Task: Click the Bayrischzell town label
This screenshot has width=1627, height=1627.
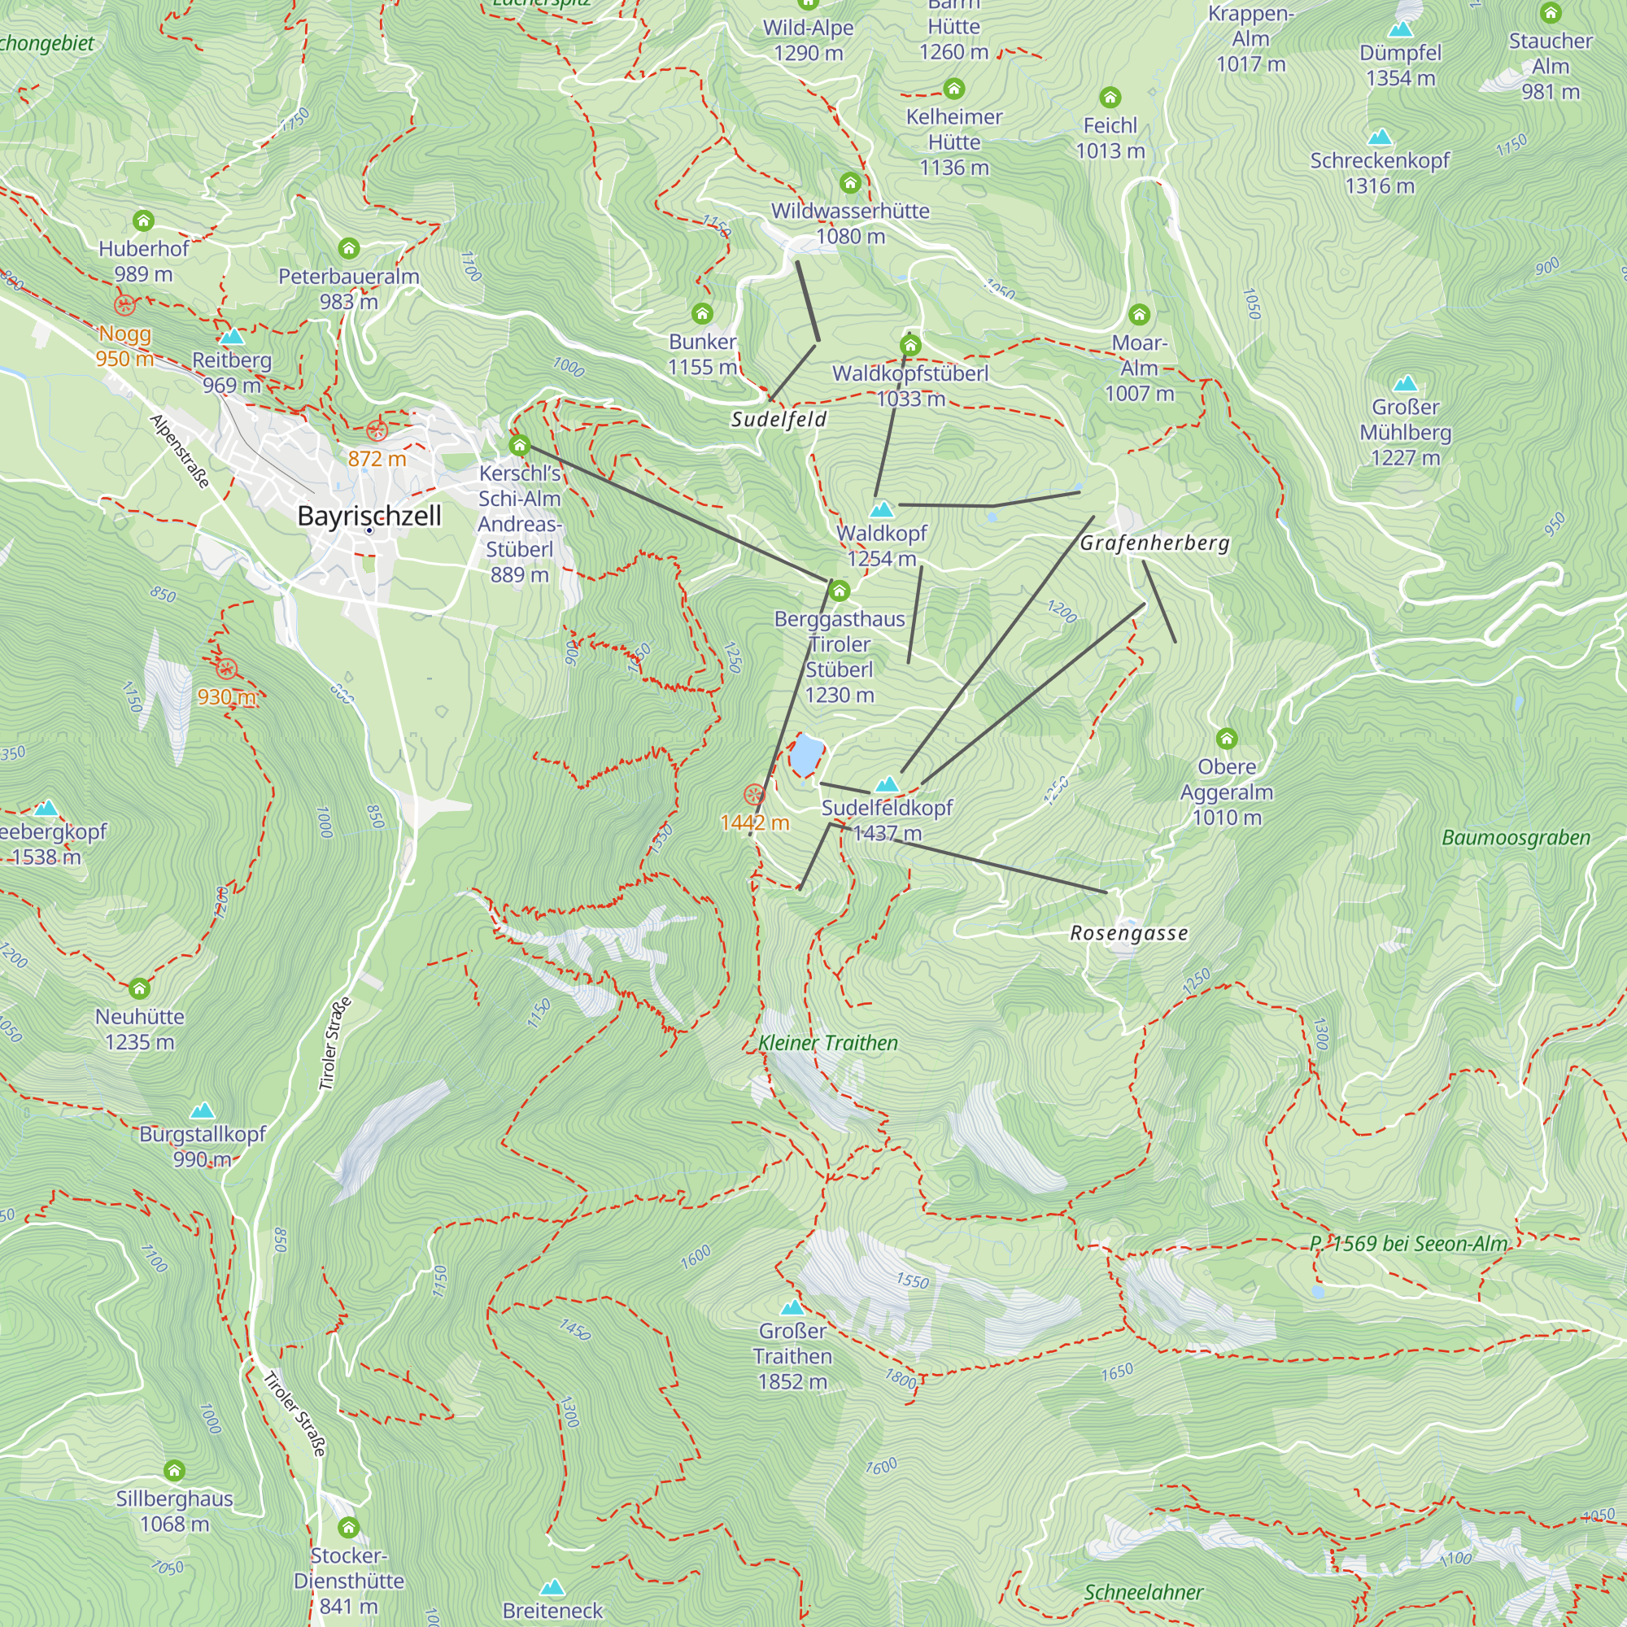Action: (x=369, y=516)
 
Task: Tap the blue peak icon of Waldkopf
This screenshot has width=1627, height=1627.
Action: (x=882, y=509)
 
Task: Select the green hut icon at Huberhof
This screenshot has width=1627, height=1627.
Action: (x=143, y=221)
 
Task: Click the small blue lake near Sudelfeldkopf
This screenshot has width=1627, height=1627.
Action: (x=806, y=754)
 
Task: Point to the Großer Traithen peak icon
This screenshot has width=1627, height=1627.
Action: (x=792, y=1308)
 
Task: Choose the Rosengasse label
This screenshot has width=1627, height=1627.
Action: (x=1128, y=933)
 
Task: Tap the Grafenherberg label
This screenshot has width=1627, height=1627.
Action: (x=1154, y=543)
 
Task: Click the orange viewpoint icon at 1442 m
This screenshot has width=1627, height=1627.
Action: (x=754, y=794)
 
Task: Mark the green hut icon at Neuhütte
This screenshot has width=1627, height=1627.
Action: (x=140, y=988)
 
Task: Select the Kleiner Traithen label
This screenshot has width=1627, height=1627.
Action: (x=828, y=1043)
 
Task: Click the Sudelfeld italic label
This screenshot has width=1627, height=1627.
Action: (x=779, y=420)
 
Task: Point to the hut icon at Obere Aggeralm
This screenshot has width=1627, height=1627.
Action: (x=1226, y=739)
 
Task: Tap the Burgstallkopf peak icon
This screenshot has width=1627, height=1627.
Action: (x=202, y=1110)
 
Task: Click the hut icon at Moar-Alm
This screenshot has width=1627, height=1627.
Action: (x=1140, y=315)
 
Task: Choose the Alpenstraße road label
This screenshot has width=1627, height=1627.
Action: (x=179, y=451)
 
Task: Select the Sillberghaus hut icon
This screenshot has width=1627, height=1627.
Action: (x=174, y=1470)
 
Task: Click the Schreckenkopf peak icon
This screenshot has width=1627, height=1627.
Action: (x=1380, y=137)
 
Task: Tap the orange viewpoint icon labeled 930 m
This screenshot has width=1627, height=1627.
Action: (x=225, y=670)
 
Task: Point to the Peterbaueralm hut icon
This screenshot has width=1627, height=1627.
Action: (x=349, y=248)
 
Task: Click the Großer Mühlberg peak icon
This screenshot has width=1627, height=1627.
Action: (x=1405, y=385)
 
